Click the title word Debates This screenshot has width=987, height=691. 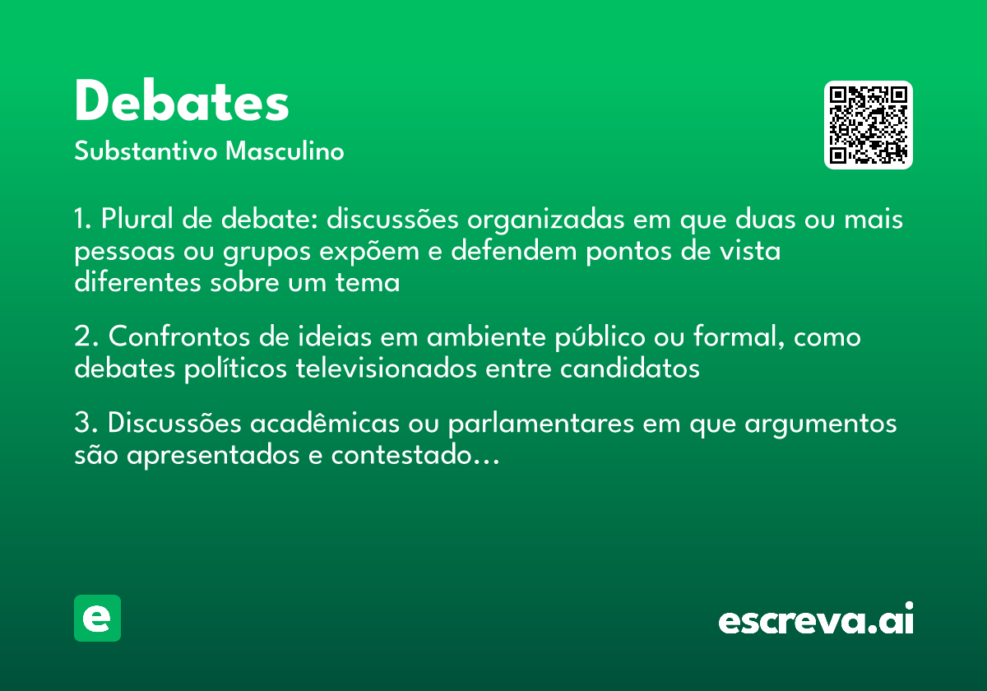tap(182, 103)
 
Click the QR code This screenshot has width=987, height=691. tap(869, 125)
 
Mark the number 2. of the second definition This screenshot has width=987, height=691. tap(85, 337)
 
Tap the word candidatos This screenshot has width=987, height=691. tap(629, 369)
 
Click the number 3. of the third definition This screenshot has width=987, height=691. tap(85, 424)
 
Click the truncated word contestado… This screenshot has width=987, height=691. tap(415, 455)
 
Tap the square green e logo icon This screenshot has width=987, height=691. tap(97, 618)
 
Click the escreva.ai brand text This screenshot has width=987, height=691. tap(816, 619)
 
